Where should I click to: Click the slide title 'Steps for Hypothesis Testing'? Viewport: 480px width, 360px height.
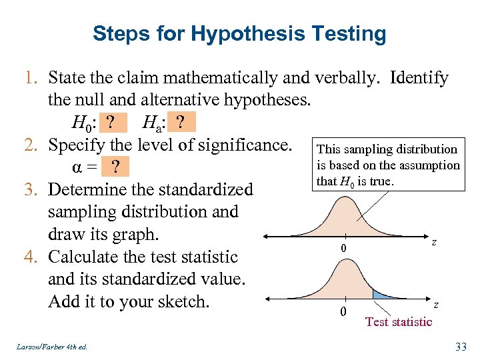(x=239, y=33)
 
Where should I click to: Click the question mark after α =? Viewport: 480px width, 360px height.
(x=117, y=167)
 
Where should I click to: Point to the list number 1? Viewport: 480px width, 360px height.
(x=33, y=79)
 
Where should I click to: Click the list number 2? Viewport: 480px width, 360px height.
(x=33, y=145)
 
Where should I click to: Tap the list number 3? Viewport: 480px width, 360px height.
(x=33, y=190)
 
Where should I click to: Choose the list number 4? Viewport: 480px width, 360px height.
(x=33, y=257)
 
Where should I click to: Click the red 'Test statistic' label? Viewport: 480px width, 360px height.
(x=399, y=322)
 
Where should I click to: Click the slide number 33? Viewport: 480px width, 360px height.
(x=460, y=345)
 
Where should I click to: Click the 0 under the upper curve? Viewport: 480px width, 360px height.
(x=342, y=249)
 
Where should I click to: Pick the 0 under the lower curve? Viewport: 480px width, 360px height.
(x=342, y=311)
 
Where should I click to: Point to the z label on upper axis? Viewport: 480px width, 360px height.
(x=434, y=243)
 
